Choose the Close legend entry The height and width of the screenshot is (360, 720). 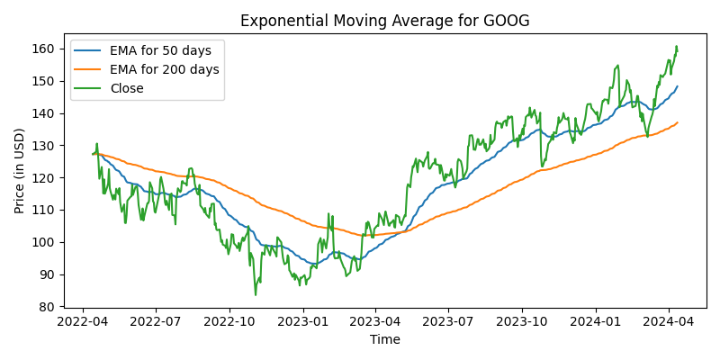pyautogui.click(x=126, y=88)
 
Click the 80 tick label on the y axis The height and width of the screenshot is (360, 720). pyautogui.click(x=45, y=307)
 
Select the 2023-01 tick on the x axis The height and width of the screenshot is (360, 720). pyautogui.click(x=302, y=319)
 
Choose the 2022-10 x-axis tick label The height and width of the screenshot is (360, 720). pyautogui.click(x=229, y=319)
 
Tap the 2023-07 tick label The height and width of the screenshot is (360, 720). pyautogui.click(x=448, y=319)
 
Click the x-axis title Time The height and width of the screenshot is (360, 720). pyautogui.click(x=384, y=339)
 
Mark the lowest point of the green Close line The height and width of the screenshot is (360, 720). pyautogui.click(x=256, y=294)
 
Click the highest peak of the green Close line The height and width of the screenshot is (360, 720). pyautogui.click(x=676, y=47)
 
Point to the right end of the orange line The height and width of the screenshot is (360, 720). pyautogui.click(x=678, y=122)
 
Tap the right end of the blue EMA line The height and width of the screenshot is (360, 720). pyautogui.click(x=678, y=86)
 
